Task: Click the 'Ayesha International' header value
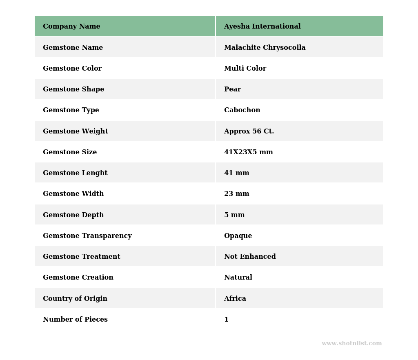coord(262,27)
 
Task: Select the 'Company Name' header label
coord(71,27)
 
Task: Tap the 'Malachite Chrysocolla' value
coord(265,48)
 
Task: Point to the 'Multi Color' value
coord(245,69)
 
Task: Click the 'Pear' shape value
coord(232,89)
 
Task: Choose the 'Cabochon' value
coord(242,110)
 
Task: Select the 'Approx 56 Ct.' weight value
coord(249,131)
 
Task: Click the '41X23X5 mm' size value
coord(248,152)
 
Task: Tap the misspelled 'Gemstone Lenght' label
coord(75,173)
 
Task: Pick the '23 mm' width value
coord(236,194)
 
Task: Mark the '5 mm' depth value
coord(234,215)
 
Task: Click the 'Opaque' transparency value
coord(238,236)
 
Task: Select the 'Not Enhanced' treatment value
coord(250,257)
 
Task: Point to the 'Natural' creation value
coord(238,278)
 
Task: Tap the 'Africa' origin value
coord(235,299)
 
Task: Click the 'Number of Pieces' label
coord(75,320)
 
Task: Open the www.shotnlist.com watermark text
coord(351,344)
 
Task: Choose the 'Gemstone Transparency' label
coord(87,236)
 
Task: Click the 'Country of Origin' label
coord(75,299)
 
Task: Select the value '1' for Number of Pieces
coord(226,320)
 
